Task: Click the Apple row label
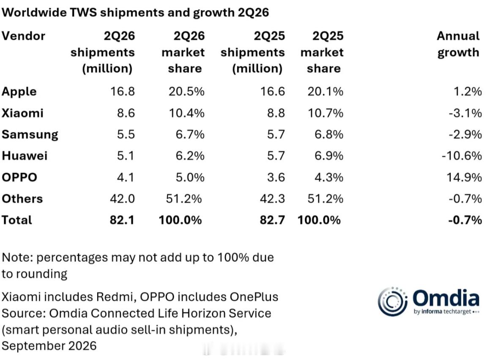click(x=19, y=92)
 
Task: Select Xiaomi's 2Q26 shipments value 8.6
click(x=126, y=113)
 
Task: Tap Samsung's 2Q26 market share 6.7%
click(x=190, y=134)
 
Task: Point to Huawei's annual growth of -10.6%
click(x=462, y=155)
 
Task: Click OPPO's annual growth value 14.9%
click(x=464, y=177)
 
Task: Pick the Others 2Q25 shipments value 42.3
click(x=272, y=199)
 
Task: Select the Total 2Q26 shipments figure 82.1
click(x=122, y=220)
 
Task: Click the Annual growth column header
click(x=458, y=44)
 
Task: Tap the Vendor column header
click(x=24, y=36)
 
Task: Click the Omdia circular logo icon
click(x=393, y=301)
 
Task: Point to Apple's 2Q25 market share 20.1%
click(x=326, y=92)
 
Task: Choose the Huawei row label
click(x=25, y=155)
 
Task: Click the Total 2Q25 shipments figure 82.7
click(x=272, y=220)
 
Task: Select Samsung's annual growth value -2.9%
click(x=465, y=134)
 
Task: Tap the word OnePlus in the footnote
click(x=254, y=297)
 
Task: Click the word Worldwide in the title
click(x=34, y=12)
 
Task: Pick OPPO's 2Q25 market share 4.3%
click(x=329, y=177)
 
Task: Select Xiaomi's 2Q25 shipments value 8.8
click(x=276, y=113)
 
